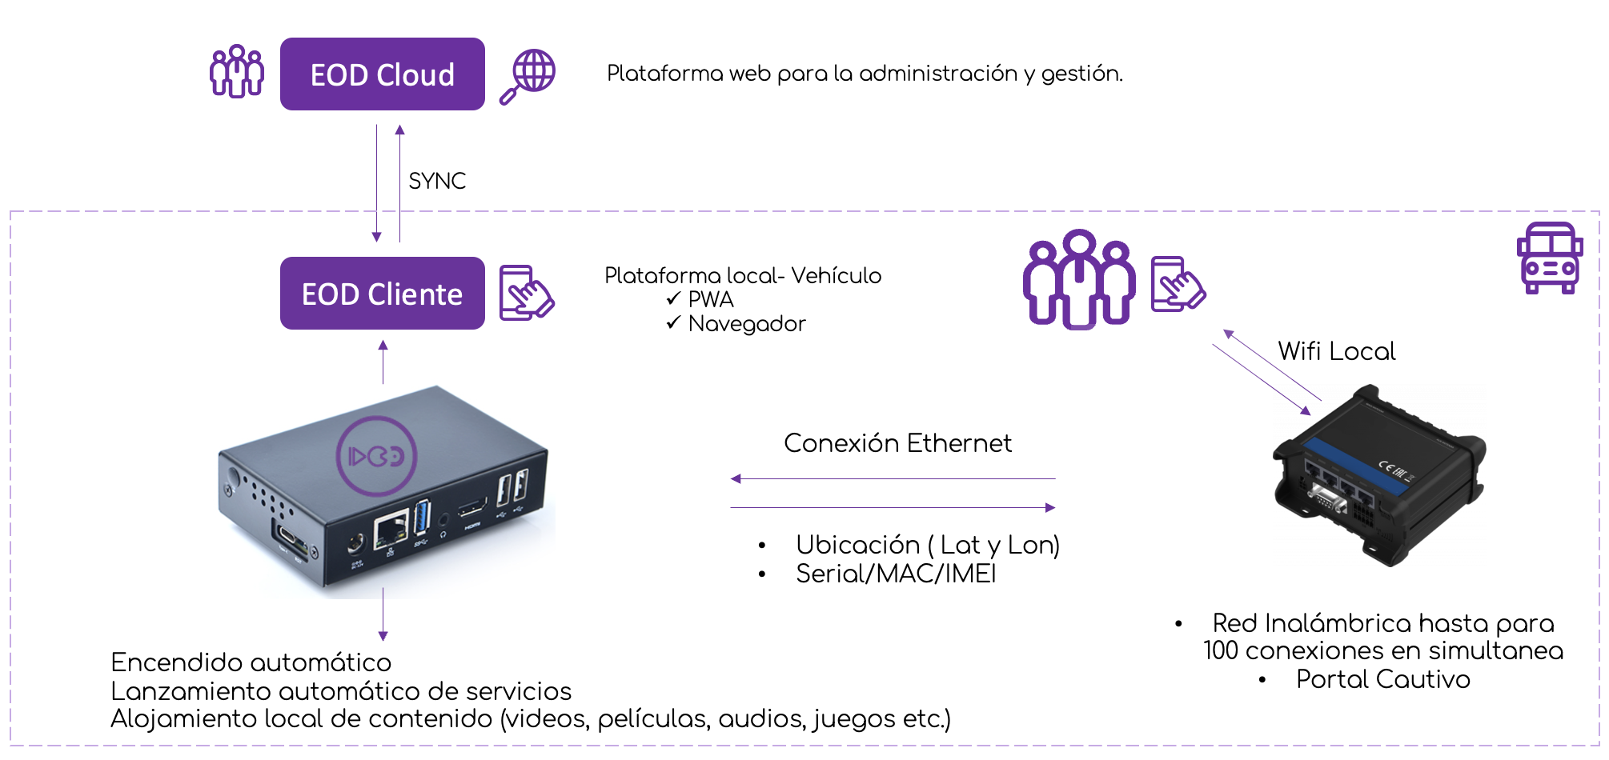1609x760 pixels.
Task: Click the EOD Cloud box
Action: (x=382, y=74)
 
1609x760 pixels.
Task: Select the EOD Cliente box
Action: (x=382, y=293)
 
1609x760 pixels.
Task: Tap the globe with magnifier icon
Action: (x=528, y=76)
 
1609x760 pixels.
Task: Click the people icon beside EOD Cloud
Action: (x=236, y=71)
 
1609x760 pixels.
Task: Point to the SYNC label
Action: (x=437, y=181)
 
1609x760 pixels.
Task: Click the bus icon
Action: (x=1550, y=258)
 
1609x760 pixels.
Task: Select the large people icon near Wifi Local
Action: (x=1078, y=279)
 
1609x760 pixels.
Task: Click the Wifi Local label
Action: (x=1336, y=351)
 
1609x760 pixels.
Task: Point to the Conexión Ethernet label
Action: (x=897, y=442)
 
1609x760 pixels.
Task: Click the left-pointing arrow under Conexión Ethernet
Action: (x=893, y=479)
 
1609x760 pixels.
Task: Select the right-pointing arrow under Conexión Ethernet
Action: (x=893, y=507)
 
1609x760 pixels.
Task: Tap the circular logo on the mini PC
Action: (x=376, y=456)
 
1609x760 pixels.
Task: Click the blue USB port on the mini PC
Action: (x=422, y=517)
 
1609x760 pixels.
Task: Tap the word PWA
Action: (x=711, y=299)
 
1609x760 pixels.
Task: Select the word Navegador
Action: (x=747, y=323)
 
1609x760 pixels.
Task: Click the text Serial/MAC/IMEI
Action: (x=896, y=574)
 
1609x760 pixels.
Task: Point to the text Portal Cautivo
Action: (x=1383, y=679)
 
